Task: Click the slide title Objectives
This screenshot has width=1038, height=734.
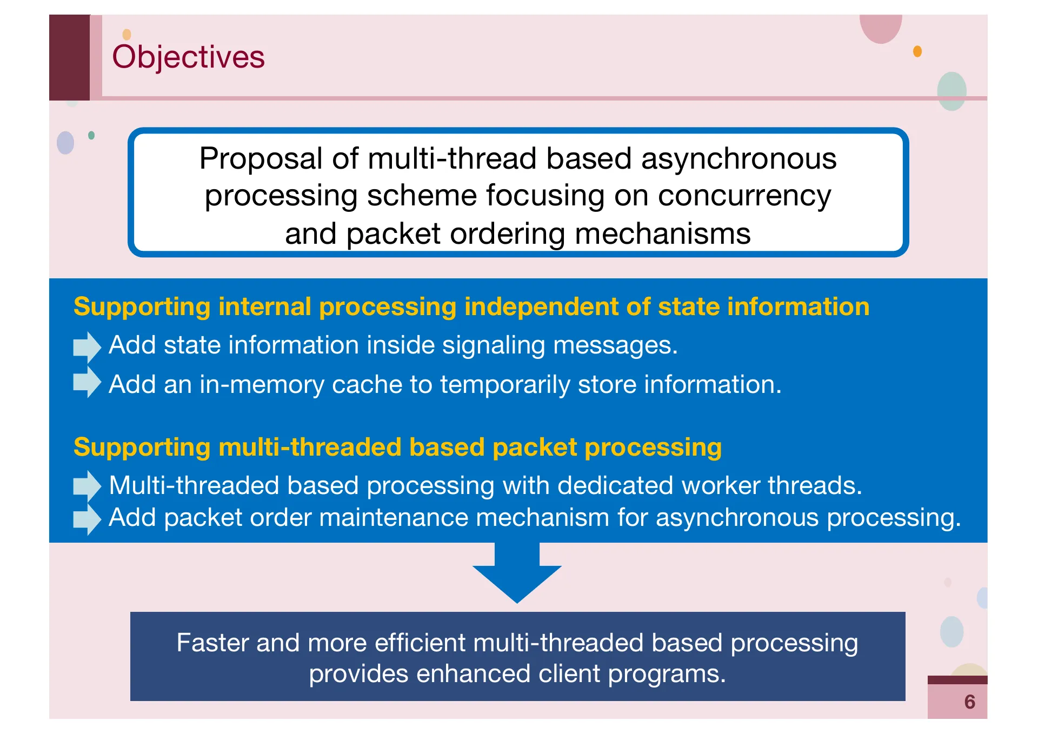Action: click(x=188, y=57)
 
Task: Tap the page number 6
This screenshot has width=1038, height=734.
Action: click(x=969, y=702)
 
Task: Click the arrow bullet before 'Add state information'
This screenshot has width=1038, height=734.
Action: click(x=86, y=346)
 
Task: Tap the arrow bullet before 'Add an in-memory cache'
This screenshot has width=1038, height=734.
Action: click(x=86, y=383)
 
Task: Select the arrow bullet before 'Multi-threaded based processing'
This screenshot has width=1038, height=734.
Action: click(x=86, y=485)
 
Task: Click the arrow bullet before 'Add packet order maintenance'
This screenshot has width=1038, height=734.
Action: click(x=86, y=519)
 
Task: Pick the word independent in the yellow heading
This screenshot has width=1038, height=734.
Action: click(x=541, y=306)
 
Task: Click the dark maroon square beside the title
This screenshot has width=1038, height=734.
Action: click(x=69, y=57)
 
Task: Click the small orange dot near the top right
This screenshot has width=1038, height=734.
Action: click(x=917, y=51)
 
